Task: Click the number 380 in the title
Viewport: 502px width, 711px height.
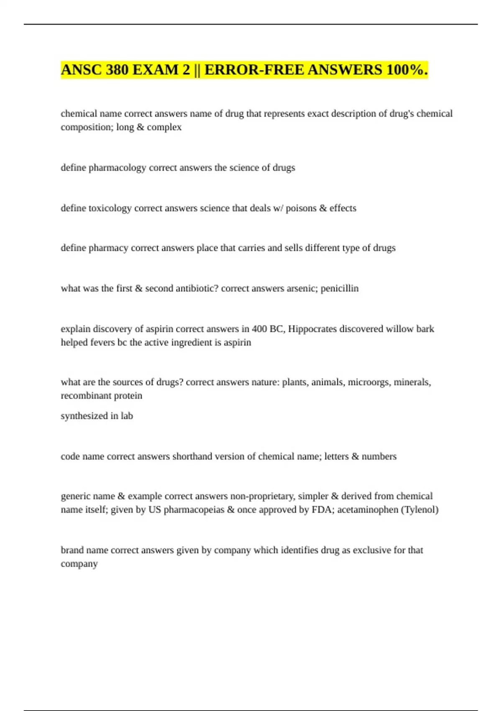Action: tap(118, 70)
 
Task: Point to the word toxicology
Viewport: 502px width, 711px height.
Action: tap(110, 208)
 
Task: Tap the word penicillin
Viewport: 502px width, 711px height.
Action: tap(339, 289)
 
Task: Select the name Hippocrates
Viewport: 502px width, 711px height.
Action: tap(312, 329)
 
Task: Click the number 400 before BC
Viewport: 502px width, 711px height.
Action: tap(259, 329)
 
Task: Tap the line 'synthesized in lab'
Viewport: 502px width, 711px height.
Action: tap(97, 416)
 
